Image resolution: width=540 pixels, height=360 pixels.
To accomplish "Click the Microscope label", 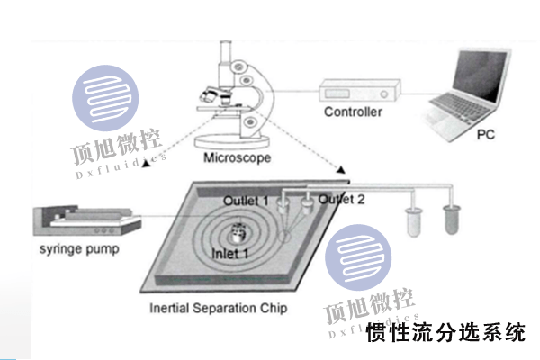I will [237, 158].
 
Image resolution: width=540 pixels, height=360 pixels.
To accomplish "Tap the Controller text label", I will [353, 112].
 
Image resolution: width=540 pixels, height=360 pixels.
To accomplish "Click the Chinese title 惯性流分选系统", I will [446, 333].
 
